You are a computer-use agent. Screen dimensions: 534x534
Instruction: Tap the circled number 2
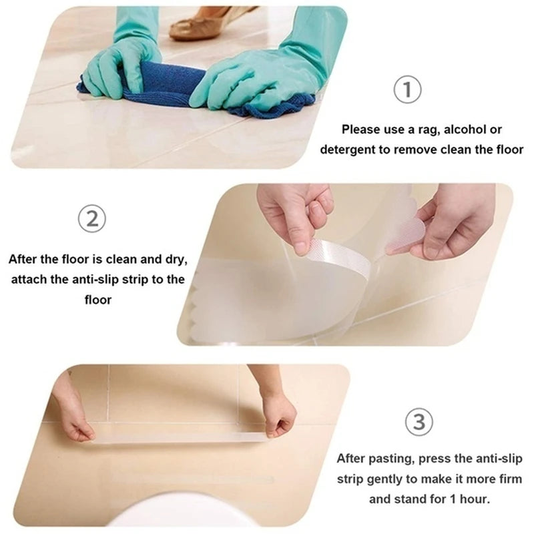92,220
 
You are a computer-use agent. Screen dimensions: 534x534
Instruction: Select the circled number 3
419,423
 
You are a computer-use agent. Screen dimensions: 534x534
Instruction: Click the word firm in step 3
507,479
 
